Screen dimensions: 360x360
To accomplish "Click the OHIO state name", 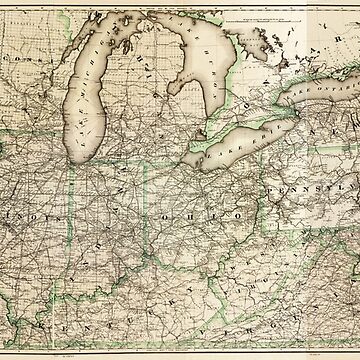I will [190, 213].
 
